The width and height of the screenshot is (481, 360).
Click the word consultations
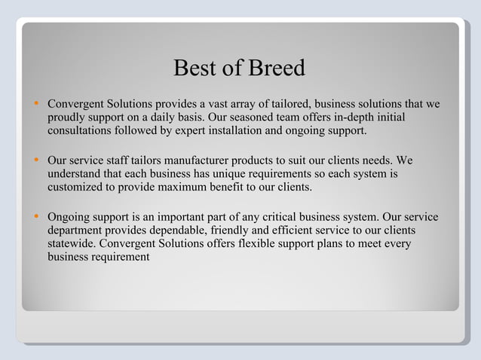[82, 131]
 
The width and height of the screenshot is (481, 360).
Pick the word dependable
[194, 232]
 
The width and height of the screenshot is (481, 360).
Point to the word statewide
[71, 246]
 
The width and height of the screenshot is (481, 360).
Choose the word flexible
[251, 246]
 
